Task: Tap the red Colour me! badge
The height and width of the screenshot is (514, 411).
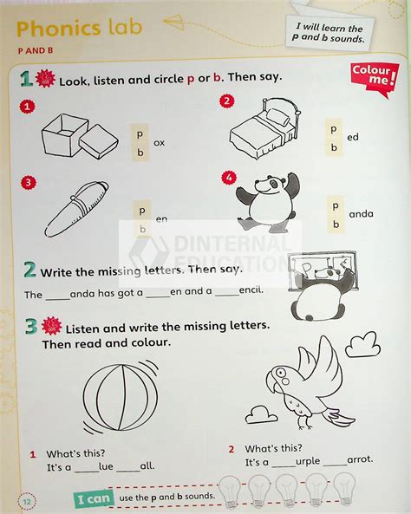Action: (x=375, y=77)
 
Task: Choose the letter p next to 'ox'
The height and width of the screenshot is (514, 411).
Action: (x=139, y=133)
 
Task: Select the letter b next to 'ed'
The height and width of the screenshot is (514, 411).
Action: (x=333, y=147)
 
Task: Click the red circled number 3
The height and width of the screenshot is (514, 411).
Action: (x=29, y=182)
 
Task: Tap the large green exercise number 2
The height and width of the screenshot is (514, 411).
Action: (x=29, y=270)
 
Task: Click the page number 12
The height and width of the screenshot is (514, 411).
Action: (x=27, y=499)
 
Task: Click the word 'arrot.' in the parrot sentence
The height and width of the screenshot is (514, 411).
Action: (x=340, y=463)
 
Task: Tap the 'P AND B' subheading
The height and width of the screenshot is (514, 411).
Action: (x=36, y=51)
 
